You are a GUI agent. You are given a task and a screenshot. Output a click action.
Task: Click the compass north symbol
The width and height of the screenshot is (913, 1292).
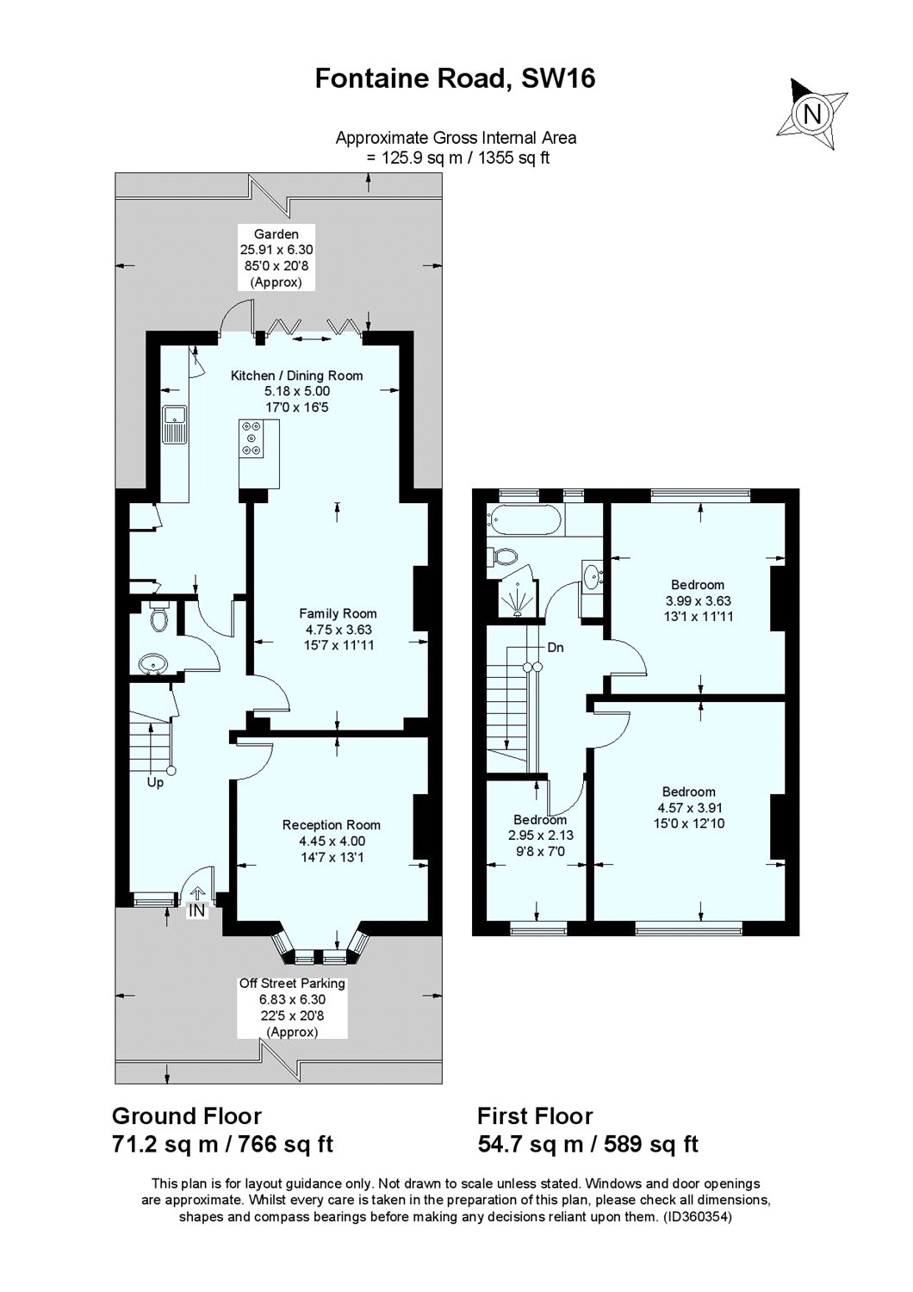coord(812,113)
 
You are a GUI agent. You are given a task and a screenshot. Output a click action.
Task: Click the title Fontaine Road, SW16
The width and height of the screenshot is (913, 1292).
coord(456,79)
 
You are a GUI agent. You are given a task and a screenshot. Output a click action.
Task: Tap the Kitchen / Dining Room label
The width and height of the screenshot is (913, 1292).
coord(296,376)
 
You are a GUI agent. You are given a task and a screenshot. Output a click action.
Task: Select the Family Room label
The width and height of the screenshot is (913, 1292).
coord(338,614)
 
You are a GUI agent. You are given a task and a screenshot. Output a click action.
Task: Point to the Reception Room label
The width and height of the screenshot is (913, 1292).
coord(332,825)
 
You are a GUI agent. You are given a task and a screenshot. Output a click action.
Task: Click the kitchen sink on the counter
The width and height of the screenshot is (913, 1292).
coord(175,423)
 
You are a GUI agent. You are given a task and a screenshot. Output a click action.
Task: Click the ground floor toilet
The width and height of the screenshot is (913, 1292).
coord(158,617)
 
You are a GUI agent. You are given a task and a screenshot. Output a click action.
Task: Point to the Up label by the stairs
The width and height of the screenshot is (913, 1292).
coord(156,784)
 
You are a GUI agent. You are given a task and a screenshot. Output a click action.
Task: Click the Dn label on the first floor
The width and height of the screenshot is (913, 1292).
coord(556,647)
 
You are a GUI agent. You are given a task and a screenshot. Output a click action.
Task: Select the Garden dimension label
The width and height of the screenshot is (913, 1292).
coord(276,258)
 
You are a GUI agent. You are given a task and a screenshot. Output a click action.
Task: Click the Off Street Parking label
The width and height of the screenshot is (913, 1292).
coord(291,983)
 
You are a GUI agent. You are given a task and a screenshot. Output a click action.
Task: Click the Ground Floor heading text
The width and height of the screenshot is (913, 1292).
coord(187,1116)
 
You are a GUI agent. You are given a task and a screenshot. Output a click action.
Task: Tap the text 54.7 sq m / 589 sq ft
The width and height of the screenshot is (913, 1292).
coord(587,1144)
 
